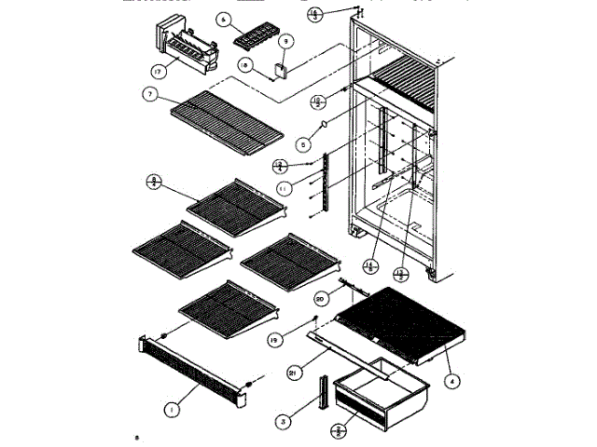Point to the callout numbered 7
pos(148,94)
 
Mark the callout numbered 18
pos(243,65)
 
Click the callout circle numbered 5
pos(301,144)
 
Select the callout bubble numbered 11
pos(281,187)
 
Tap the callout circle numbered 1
pos(171,407)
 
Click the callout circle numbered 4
pos(451,379)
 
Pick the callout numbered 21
pos(291,372)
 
